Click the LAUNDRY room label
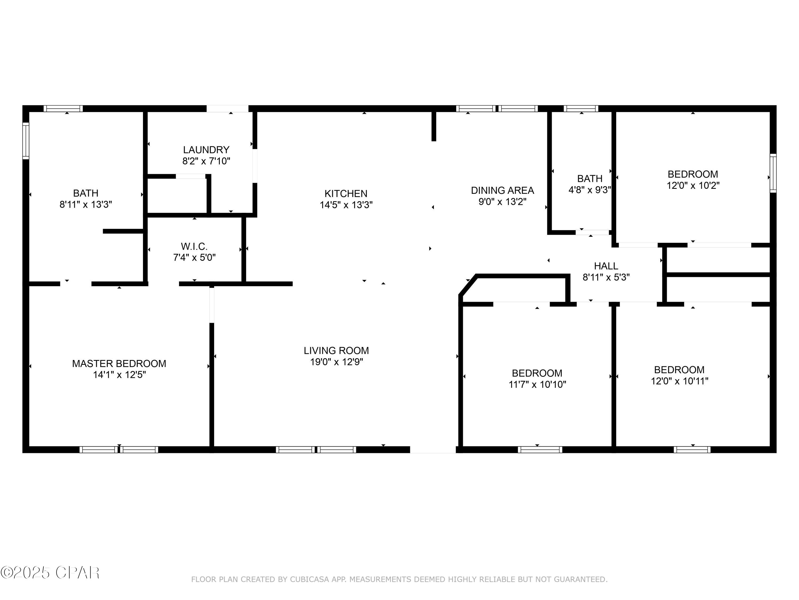tap(206, 149)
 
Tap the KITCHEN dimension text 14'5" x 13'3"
tap(346, 205)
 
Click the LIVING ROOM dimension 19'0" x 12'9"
tap(336, 362)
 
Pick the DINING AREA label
tap(502, 190)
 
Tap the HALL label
tap(606, 266)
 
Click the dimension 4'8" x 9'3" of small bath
tap(589, 190)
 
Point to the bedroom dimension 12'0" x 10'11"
tap(679, 381)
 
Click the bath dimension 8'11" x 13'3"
tap(85, 204)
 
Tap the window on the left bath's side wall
tap(26, 141)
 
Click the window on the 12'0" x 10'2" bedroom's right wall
tap(773, 173)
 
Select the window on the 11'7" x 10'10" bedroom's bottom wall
tap(540, 450)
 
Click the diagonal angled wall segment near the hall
tap(467, 286)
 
